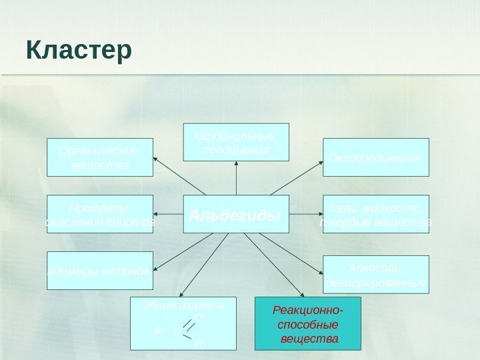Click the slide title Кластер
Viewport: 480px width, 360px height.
(x=79, y=51)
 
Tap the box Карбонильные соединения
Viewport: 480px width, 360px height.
(x=236, y=142)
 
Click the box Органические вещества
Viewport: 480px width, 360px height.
(x=100, y=157)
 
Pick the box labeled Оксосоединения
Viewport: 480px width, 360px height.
(x=376, y=157)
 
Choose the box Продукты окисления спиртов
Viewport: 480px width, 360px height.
(x=100, y=213)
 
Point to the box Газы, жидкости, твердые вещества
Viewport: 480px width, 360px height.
(x=376, y=213)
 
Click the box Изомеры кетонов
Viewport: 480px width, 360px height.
(x=100, y=271)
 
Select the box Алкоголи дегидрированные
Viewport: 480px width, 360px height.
(x=376, y=275)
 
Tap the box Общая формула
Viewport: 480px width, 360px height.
(x=184, y=323)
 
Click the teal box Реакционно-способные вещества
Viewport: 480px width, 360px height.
(x=307, y=324)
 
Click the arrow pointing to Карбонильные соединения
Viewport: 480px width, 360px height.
(x=236, y=179)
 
